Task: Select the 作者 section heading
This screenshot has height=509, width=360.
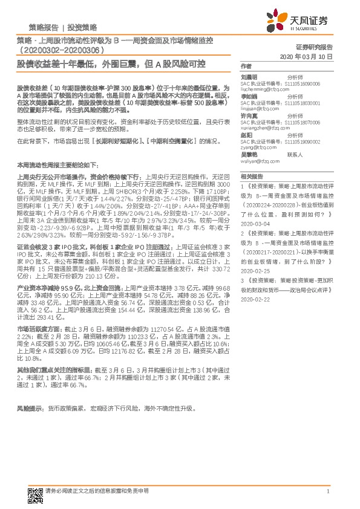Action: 246,65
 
